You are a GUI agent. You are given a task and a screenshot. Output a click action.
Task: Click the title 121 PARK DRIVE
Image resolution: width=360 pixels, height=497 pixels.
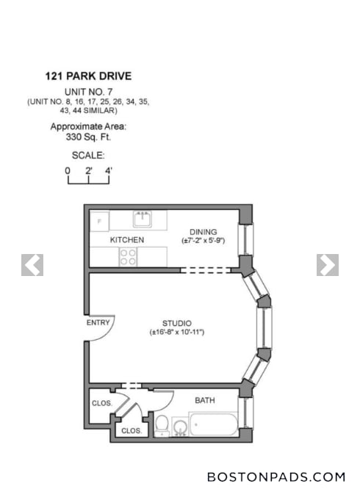pyautogui.click(x=88, y=76)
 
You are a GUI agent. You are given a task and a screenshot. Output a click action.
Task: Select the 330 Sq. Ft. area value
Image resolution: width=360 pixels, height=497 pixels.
pyautogui.click(x=88, y=137)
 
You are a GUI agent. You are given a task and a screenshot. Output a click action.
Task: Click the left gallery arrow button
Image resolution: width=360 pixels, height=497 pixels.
pyautogui.click(x=32, y=265)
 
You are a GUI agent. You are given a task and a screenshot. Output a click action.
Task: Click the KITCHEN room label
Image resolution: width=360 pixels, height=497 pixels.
pyautogui.click(x=126, y=240)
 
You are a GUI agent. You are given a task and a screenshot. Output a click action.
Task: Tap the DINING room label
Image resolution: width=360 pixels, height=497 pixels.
pyautogui.click(x=203, y=232)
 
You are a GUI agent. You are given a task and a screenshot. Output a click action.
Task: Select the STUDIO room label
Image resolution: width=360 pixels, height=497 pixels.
pyautogui.click(x=177, y=323)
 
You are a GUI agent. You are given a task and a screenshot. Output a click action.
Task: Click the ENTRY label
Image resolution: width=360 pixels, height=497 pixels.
pyautogui.click(x=98, y=322)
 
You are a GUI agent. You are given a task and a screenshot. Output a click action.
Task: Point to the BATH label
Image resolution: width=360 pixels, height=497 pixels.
pyautogui.click(x=205, y=401)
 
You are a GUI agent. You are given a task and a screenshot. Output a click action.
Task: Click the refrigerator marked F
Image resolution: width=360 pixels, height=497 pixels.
pyautogui.click(x=99, y=220)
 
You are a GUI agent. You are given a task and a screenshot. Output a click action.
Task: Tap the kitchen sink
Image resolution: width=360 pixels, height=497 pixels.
pyautogui.click(x=142, y=219)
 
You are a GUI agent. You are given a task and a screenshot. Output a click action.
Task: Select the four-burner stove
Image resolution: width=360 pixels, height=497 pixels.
pyautogui.click(x=128, y=257)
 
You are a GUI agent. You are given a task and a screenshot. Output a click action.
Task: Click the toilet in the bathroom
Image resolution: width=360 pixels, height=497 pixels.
pyautogui.click(x=162, y=425)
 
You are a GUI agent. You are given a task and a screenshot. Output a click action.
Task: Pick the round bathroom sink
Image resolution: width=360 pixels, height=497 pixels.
pyautogui.click(x=179, y=427)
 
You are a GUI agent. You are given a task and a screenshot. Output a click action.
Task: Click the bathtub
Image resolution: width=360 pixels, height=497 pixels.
pyautogui.click(x=214, y=425)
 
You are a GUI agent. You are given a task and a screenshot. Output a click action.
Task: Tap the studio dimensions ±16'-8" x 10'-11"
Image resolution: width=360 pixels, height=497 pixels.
pyautogui.click(x=176, y=333)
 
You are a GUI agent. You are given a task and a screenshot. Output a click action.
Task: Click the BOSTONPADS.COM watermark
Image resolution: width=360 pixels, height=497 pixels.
pyautogui.click(x=276, y=476)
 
